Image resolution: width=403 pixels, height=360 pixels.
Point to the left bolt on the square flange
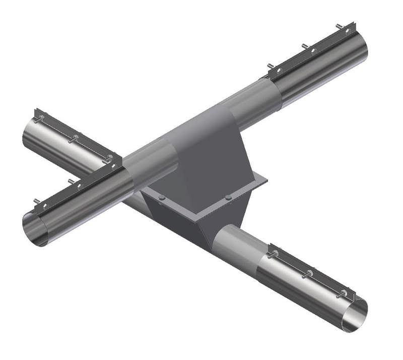coord(161,198)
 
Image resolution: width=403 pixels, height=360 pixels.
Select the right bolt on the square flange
coord(228,197)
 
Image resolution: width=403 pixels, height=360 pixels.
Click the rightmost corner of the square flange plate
coord(267,179)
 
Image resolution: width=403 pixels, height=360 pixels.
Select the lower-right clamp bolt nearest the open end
coord(345,293)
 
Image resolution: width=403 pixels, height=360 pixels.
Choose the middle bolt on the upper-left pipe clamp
coord(74,137)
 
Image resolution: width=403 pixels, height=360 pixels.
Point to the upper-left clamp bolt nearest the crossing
coord(108,158)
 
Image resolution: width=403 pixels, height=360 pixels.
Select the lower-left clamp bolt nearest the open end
coord(37,203)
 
